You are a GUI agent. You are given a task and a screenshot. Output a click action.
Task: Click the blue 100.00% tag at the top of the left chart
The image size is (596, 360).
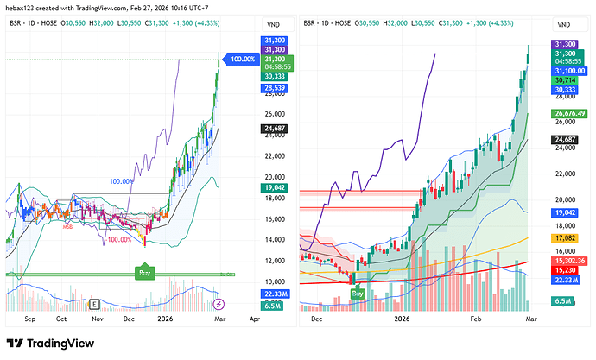click(x=243, y=60)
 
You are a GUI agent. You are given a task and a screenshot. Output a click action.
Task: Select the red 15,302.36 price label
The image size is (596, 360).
click(x=567, y=260)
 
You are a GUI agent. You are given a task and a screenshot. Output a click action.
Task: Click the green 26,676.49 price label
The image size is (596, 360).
click(x=567, y=113)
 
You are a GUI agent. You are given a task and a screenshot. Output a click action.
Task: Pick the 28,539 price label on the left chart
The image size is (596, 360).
click(x=274, y=89)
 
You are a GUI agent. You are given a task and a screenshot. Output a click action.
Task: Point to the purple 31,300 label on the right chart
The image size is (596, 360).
click(x=564, y=44)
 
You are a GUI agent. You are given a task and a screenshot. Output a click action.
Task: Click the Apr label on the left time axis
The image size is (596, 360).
click(x=254, y=318)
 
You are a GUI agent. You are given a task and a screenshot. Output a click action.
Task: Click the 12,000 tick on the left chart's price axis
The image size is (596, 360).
click(x=274, y=261)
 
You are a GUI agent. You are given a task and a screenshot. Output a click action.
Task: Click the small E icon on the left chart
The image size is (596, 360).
click(x=92, y=304)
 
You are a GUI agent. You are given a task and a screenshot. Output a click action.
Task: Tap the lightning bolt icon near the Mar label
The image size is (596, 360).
click(x=219, y=304)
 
